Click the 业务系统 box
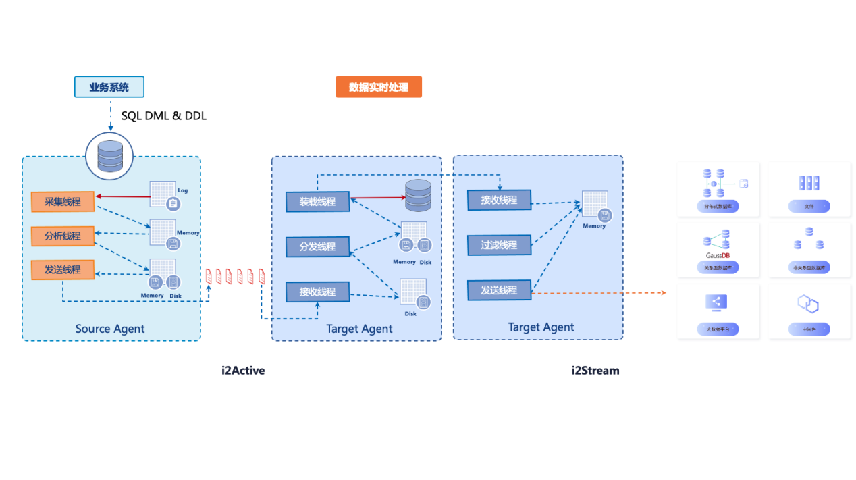[x=109, y=87]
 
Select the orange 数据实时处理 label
[x=379, y=87]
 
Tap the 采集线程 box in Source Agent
[x=63, y=202]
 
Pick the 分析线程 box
[x=63, y=236]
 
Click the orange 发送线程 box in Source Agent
[x=63, y=270]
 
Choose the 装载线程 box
[x=317, y=201]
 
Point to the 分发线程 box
[x=317, y=247]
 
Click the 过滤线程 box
[x=499, y=245]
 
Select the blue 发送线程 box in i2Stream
[x=499, y=290]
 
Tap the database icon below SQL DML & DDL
[x=110, y=156]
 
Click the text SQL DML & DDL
[x=164, y=116]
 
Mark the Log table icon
[x=164, y=195]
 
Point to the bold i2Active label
[x=243, y=370]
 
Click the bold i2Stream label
[x=595, y=370]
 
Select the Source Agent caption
[x=110, y=329]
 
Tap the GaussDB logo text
[x=717, y=255]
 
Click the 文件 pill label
[x=809, y=207]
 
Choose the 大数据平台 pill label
[x=718, y=329]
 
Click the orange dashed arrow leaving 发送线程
[x=598, y=293]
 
